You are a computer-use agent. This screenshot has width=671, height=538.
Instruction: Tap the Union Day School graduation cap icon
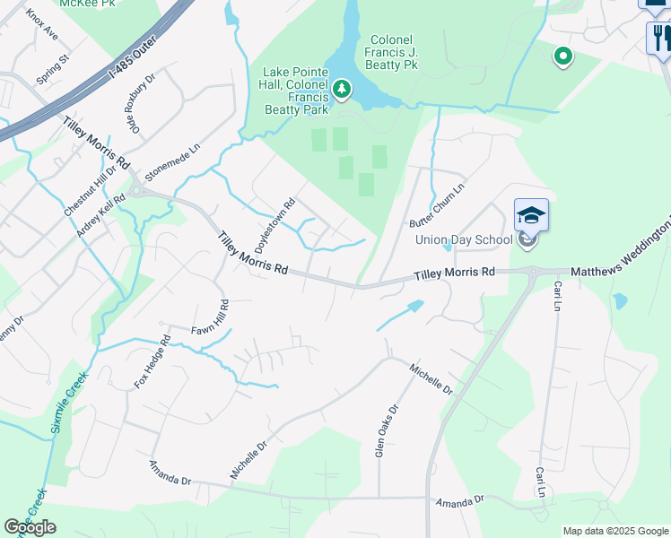pos(530,216)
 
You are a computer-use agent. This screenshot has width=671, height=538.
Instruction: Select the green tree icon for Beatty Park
pos(341,89)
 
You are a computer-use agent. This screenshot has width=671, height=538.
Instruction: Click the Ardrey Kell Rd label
pos(100,216)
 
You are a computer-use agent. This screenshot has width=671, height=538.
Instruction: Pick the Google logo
pos(30,527)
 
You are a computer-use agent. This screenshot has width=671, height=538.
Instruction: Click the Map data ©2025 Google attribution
pos(614,531)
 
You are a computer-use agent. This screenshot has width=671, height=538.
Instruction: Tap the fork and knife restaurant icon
pos(659,38)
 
